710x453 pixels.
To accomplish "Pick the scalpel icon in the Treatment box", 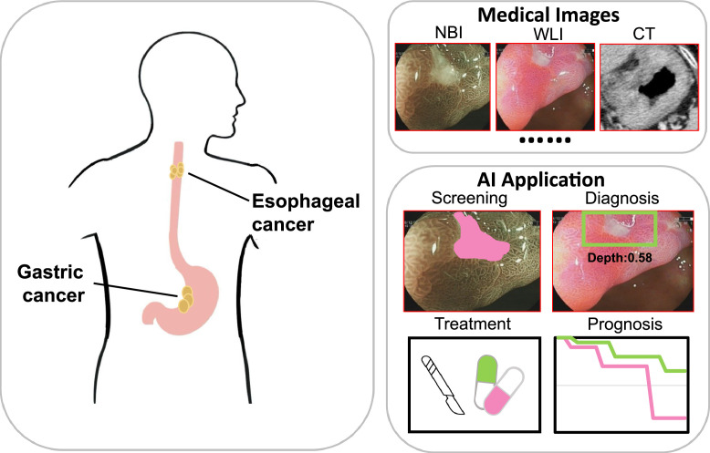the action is click(x=444, y=384).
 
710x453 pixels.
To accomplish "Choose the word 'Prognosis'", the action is click(x=630, y=324).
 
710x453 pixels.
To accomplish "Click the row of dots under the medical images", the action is click(x=546, y=141).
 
